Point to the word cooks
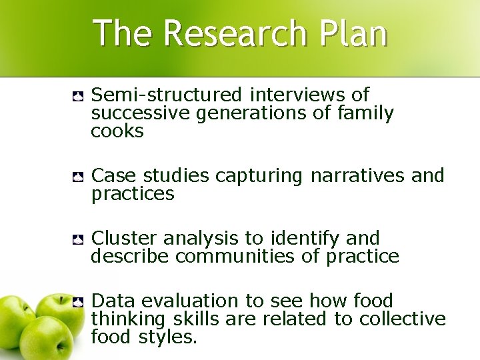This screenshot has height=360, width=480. [x=117, y=131]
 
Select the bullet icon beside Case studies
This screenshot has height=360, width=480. [x=77, y=177]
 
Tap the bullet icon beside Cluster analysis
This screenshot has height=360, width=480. [x=77, y=239]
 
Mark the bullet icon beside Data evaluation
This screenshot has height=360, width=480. [x=77, y=302]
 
